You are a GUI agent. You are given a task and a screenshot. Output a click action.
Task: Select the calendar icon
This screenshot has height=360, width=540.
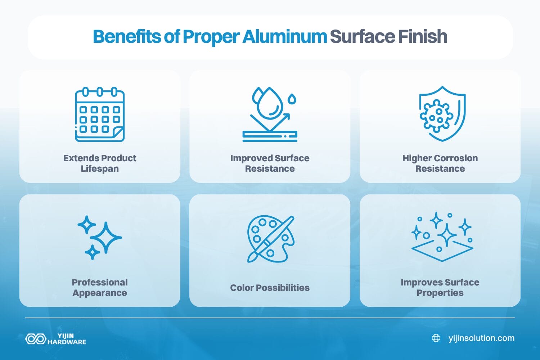pyautogui.click(x=100, y=114)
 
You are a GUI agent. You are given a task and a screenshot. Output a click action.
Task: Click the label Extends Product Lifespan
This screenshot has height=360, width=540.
pyautogui.click(x=100, y=163)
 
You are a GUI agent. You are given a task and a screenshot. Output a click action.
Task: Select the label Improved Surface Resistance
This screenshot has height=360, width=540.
pyautogui.click(x=270, y=163)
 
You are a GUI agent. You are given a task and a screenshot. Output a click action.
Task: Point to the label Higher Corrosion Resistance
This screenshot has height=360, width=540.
pyautogui.click(x=440, y=163)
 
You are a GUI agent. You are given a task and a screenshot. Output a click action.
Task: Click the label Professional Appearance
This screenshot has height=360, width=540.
pyautogui.click(x=100, y=288)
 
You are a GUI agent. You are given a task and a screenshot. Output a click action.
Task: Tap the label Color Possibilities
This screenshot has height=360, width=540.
pyautogui.click(x=270, y=288)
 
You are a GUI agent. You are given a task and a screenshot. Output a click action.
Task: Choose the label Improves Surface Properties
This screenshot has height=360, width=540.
pyautogui.click(x=440, y=288)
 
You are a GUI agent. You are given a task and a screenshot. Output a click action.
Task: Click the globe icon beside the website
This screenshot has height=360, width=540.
pyautogui.click(x=436, y=338)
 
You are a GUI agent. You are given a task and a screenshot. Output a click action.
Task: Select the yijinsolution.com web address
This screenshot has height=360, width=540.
pyautogui.click(x=481, y=338)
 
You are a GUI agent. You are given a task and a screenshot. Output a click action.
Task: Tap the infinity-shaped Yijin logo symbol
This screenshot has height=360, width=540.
pyautogui.click(x=35, y=339)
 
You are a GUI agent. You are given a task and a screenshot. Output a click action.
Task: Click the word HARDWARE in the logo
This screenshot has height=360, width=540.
pyautogui.click(x=67, y=342)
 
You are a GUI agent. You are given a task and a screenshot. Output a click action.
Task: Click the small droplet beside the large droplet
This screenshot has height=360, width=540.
pyautogui.click(x=292, y=98)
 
